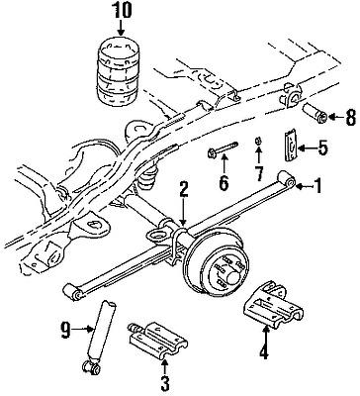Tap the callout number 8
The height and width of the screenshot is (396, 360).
coord(350,117)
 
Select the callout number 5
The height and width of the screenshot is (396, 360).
coord(322,148)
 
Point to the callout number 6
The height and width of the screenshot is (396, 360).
coord(224,183)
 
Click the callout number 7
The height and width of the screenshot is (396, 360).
coord(258,173)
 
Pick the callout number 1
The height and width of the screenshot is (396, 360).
coord(317,185)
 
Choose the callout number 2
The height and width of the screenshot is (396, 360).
coord(183,190)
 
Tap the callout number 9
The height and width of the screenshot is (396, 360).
coord(65,330)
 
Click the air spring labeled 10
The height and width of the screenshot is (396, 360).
coord(119,72)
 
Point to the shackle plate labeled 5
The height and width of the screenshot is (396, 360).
coord(291,147)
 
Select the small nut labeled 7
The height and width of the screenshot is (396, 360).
coord(258,142)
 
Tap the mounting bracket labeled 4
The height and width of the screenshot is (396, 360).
coord(273,305)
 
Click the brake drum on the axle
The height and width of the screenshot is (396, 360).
coord(218,266)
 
